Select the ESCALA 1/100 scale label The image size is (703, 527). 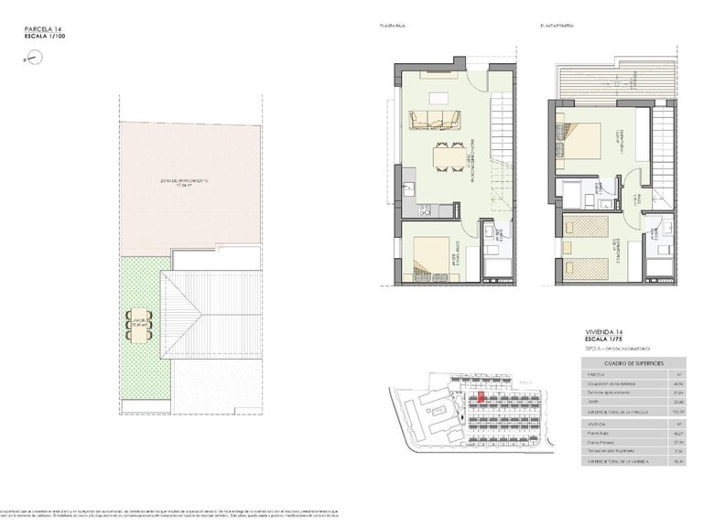pyautogui.click(x=45, y=37)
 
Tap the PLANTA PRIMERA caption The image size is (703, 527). pyautogui.click(x=557, y=27)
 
